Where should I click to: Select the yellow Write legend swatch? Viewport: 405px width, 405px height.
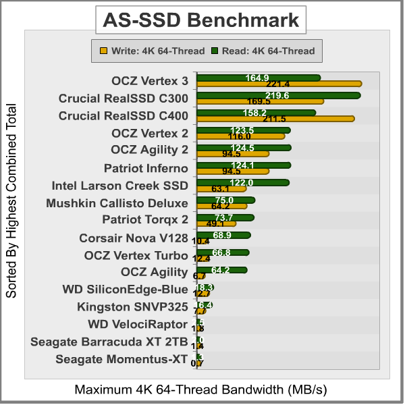coord(103,50)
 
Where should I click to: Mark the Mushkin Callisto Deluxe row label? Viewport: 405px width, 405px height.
coord(117,202)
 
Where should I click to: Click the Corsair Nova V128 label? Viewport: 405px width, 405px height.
coord(133,238)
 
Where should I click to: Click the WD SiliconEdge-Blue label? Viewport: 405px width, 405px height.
coord(125,290)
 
